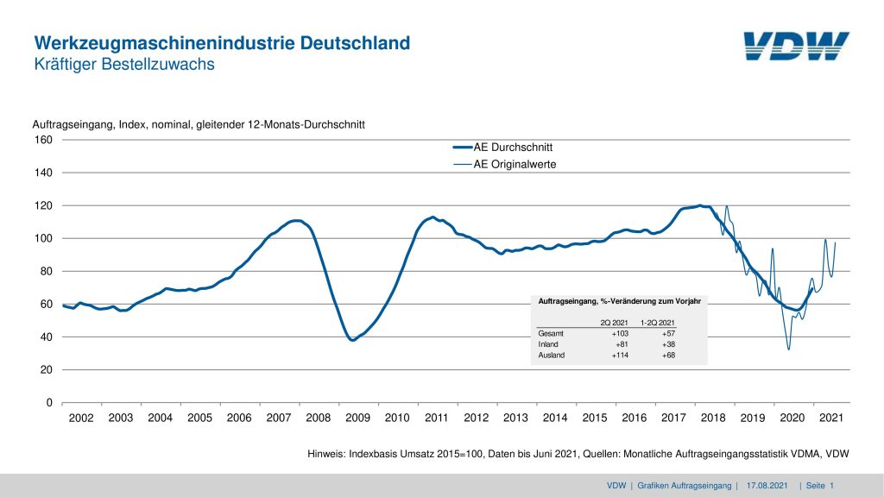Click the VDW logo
tap(795, 47)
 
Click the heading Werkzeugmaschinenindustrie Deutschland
tap(222, 43)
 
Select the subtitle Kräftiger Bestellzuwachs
tap(123, 65)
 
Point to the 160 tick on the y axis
tap(43, 140)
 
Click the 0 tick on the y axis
tap(49, 403)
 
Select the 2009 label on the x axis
tap(357, 418)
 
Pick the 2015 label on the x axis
tap(595, 418)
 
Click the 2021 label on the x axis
tap(830, 418)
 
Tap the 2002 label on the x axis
tap(81, 418)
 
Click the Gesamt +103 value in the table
tap(621, 332)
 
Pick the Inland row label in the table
tap(549, 343)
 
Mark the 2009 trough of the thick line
tap(352, 340)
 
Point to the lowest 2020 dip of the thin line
tap(788, 349)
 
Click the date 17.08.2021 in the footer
tap(767, 487)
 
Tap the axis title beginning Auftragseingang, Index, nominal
tap(199, 125)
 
